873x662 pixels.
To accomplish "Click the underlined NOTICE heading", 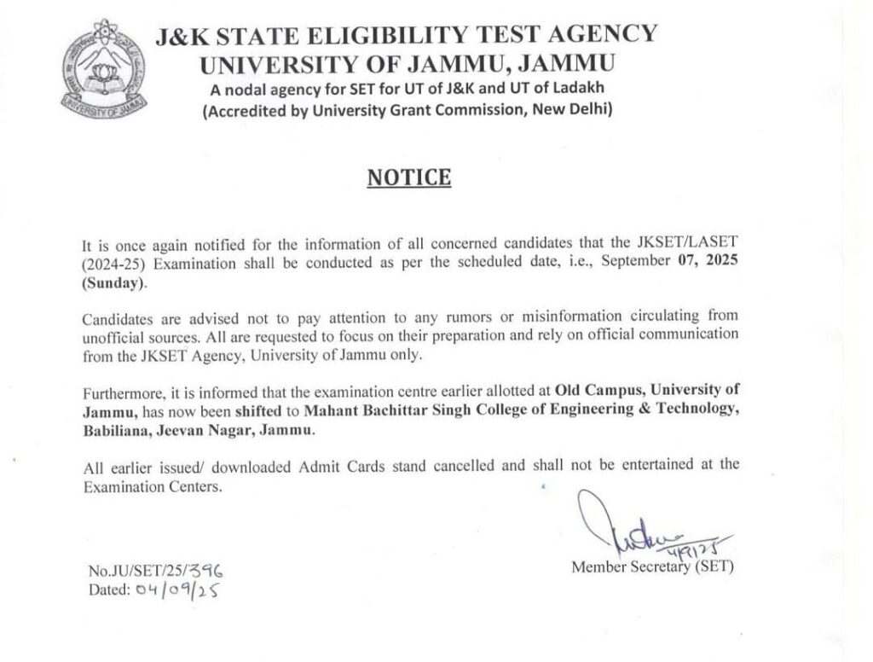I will (408, 177).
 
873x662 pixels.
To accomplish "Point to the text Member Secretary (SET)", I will (652, 566).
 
